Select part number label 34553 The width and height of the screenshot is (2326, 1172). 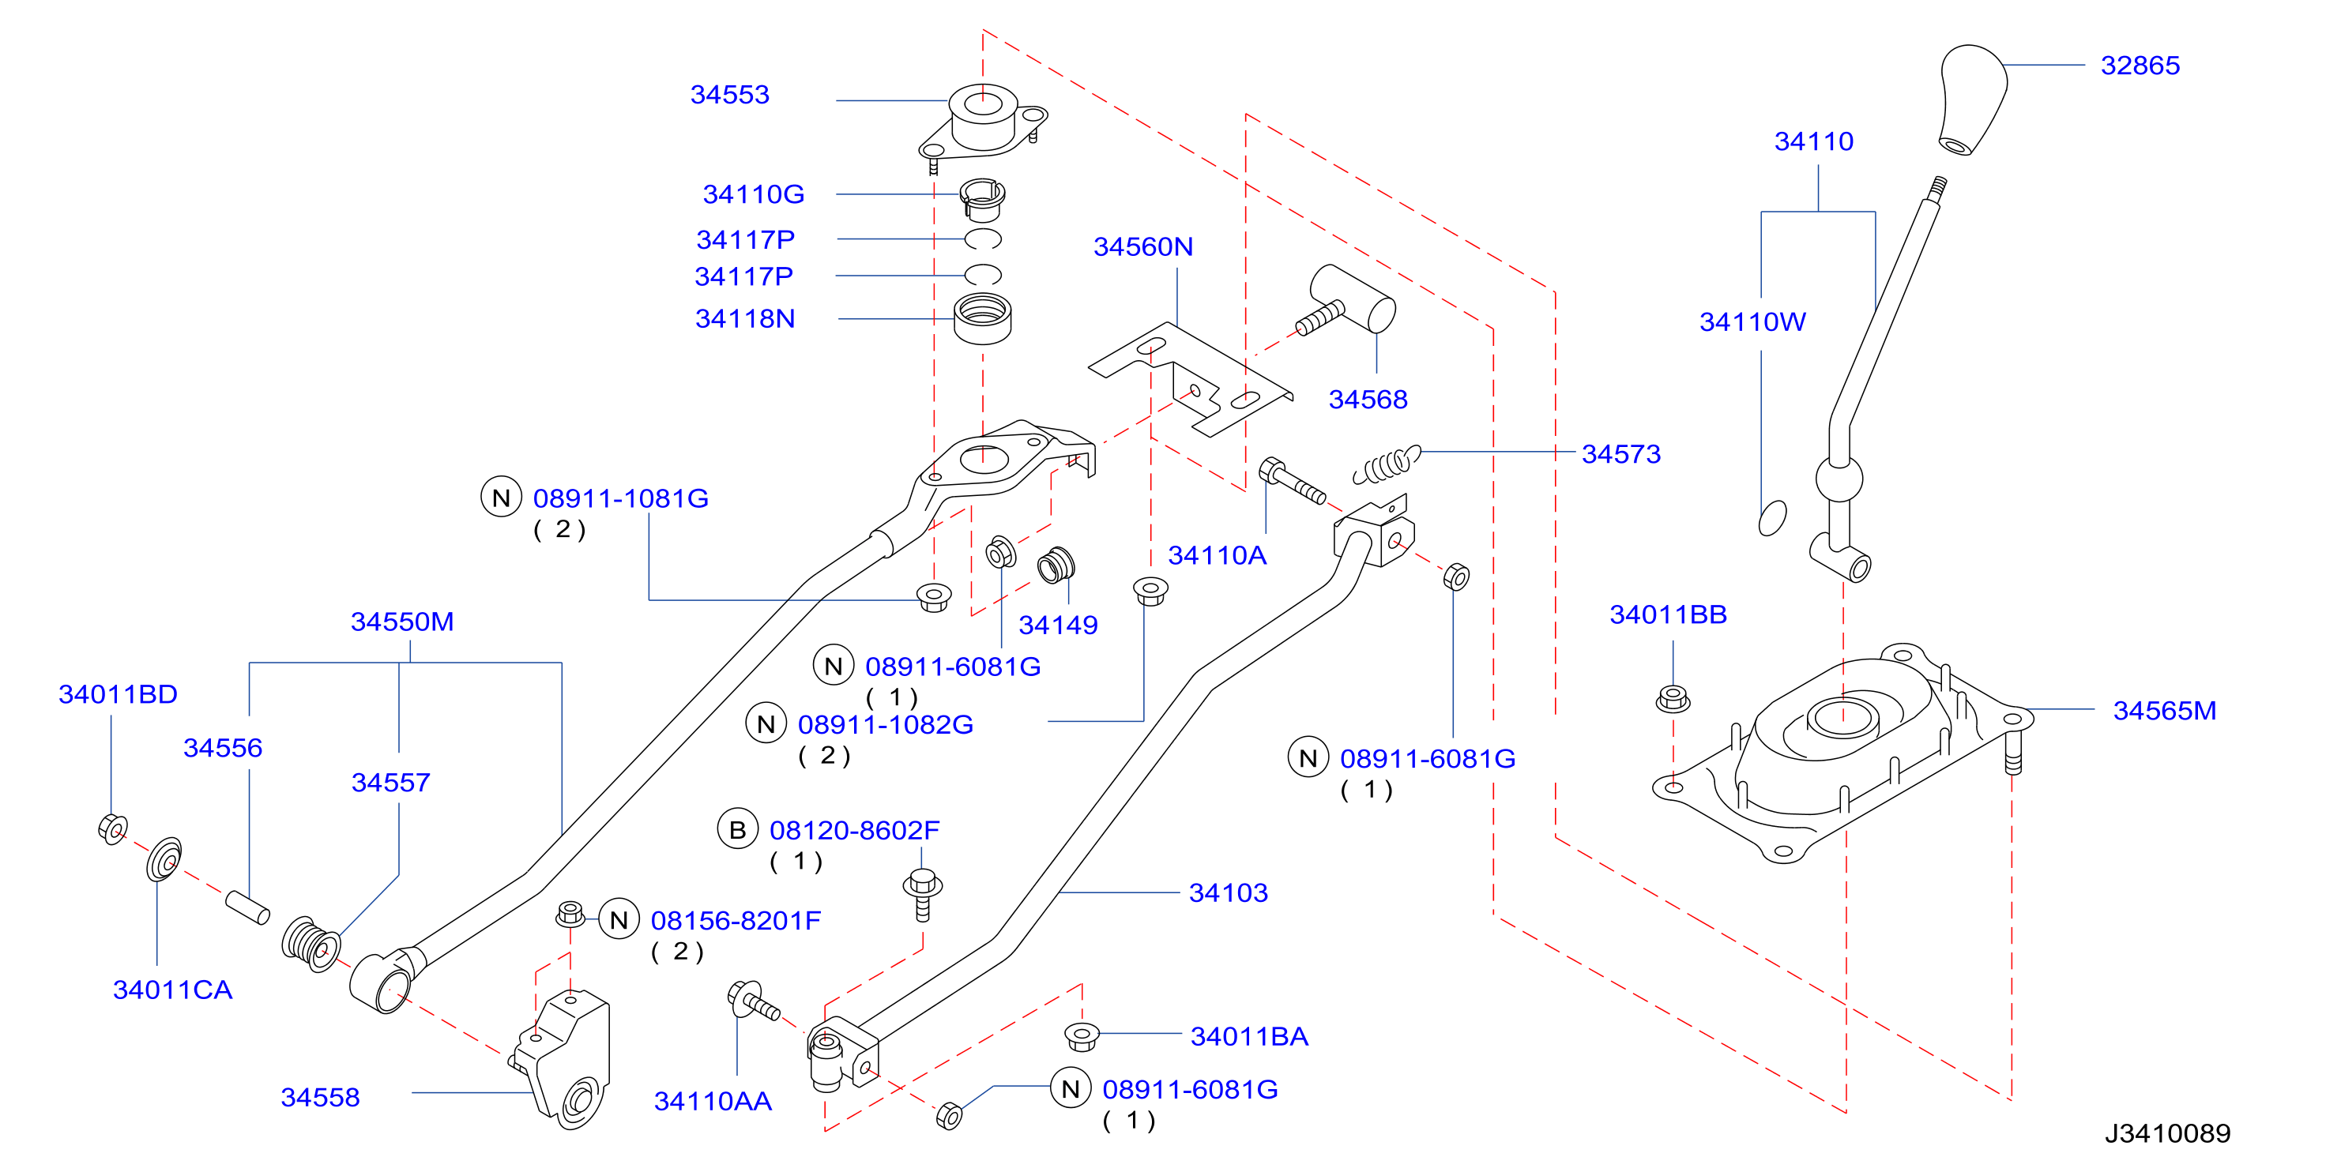pyautogui.click(x=729, y=95)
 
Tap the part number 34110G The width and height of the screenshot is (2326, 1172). pyautogui.click(x=753, y=194)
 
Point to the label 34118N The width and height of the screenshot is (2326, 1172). pyautogui.click(x=745, y=319)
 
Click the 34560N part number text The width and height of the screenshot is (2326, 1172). pyautogui.click(x=1143, y=246)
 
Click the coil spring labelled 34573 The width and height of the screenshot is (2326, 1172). pyautogui.click(x=1386, y=464)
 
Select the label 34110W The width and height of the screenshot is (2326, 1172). pyautogui.click(x=1752, y=321)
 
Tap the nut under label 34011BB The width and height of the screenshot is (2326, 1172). pyautogui.click(x=1673, y=699)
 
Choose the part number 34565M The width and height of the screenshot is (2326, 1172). pyautogui.click(x=2164, y=711)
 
